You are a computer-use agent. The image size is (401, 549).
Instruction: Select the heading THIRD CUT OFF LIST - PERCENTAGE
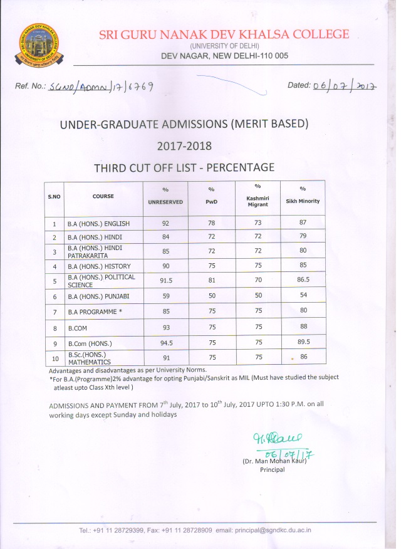click(x=184, y=167)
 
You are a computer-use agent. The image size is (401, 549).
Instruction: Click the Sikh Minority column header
click(x=303, y=201)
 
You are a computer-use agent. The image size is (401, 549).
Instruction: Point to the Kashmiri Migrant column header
click(x=258, y=201)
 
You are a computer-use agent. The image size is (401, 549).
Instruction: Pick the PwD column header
click(x=211, y=201)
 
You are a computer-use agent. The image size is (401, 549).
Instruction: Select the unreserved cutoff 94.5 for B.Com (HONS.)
click(x=165, y=342)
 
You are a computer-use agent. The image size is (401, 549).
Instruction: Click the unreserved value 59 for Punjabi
click(x=165, y=295)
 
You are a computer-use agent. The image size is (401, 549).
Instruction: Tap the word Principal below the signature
click(x=273, y=469)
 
